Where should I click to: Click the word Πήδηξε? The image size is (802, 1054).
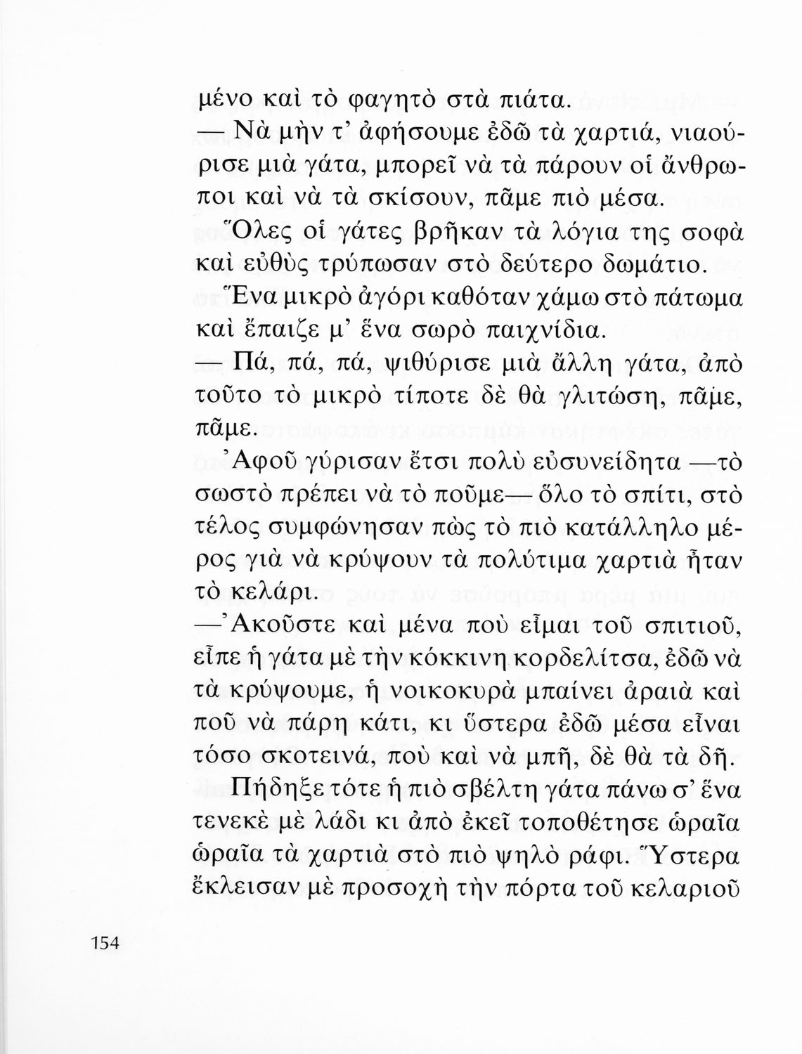(x=270, y=794)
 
